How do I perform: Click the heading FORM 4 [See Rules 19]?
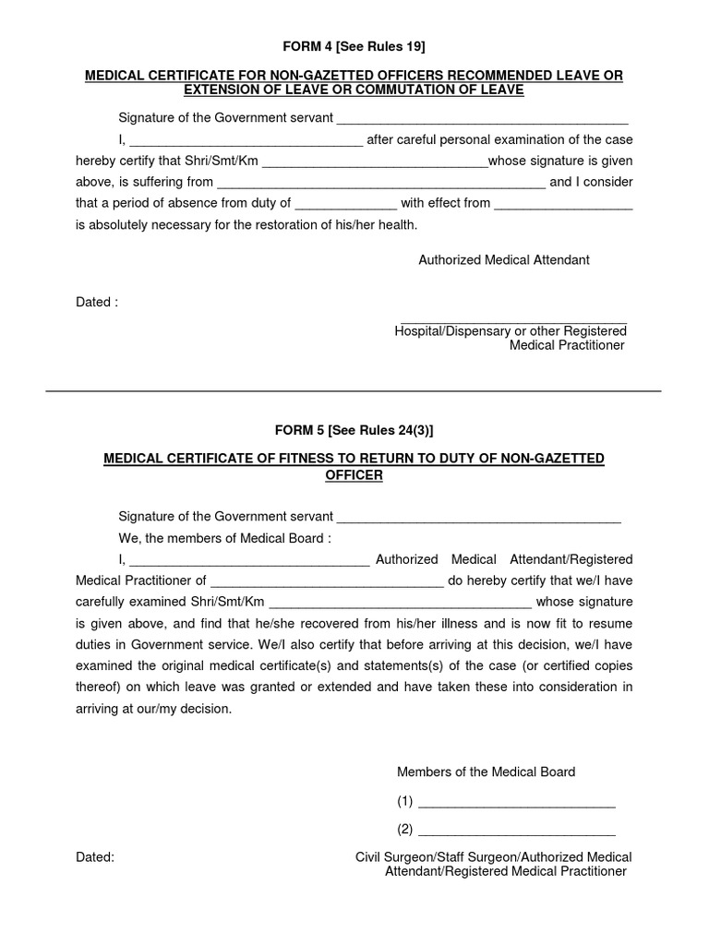354,46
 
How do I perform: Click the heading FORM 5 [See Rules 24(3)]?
354,429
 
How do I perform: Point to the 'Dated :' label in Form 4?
97,302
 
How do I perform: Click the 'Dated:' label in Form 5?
95,857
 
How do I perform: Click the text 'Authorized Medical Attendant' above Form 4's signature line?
504,260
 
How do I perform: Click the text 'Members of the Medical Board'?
486,772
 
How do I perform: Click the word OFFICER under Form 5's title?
354,475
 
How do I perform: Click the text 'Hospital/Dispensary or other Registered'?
511,331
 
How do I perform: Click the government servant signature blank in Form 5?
478,518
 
